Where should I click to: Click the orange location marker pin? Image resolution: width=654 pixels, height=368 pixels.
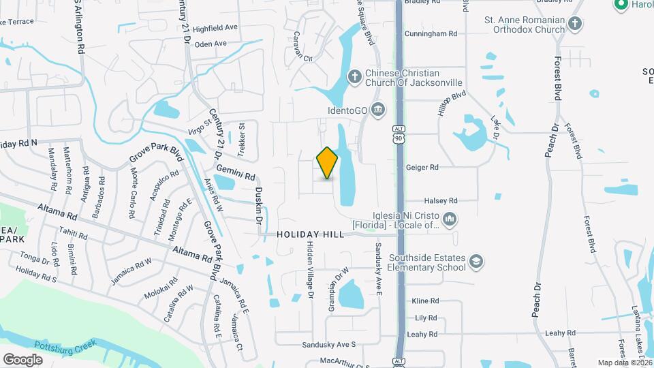[x=327, y=163]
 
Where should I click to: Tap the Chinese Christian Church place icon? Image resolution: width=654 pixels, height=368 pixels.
[x=354, y=76]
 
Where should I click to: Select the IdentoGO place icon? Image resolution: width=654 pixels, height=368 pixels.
[x=379, y=109]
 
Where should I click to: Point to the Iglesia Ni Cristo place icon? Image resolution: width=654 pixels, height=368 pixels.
[x=448, y=219]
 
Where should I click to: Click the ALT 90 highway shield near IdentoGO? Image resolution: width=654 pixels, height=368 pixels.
[x=399, y=134]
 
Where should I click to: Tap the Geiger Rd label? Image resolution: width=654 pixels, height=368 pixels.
[x=422, y=167]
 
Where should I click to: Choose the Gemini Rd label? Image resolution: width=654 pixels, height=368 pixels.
[x=236, y=170]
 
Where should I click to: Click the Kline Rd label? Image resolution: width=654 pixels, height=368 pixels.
[x=425, y=301]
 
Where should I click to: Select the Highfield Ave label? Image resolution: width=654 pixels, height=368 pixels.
[x=215, y=29]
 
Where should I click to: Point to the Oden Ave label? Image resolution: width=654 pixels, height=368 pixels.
[x=210, y=44]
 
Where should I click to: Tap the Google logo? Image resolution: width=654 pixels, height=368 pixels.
[x=22, y=359]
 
